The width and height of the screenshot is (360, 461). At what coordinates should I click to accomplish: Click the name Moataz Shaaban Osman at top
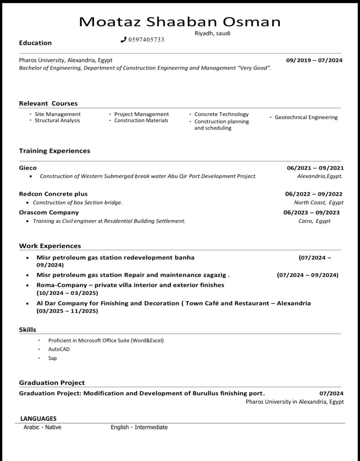pyautogui.click(x=180, y=22)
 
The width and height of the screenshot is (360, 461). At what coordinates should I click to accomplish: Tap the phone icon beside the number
pyautogui.click(x=123, y=40)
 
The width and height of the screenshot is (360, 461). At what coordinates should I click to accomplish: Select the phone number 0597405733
pyautogui.click(x=146, y=40)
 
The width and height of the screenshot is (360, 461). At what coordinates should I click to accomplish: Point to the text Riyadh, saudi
pyautogui.click(x=212, y=33)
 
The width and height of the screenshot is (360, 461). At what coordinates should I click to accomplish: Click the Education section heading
pyautogui.click(x=35, y=43)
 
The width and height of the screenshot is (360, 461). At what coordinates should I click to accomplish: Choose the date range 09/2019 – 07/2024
pyautogui.click(x=314, y=60)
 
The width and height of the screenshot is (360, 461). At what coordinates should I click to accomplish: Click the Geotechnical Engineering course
pyautogui.click(x=306, y=117)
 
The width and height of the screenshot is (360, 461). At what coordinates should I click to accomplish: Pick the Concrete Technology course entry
pyautogui.click(x=221, y=114)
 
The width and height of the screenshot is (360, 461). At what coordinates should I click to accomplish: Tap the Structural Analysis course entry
pyautogui.click(x=57, y=120)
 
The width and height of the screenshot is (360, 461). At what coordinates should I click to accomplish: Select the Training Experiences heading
pyautogui.click(x=54, y=151)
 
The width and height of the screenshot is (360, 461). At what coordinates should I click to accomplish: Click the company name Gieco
pyautogui.click(x=28, y=168)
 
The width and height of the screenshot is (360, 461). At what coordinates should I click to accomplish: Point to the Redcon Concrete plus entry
pyautogui.click(x=53, y=194)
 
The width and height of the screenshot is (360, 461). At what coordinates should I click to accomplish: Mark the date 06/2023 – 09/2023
pyautogui.click(x=311, y=212)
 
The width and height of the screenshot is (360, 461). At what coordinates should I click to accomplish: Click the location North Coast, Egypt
pyautogui.click(x=319, y=203)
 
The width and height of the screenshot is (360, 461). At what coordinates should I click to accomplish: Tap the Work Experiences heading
pyautogui.click(x=50, y=246)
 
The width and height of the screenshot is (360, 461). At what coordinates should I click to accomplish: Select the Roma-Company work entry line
pyautogui.click(x=130, y=285)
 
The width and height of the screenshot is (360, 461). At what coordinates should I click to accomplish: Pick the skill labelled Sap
pyautogui.click(x=52, y=358)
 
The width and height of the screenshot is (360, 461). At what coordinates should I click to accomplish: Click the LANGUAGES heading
pyautogui.click(x=38, y=418)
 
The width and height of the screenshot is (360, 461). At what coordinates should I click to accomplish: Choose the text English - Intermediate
pyautogui.click(x=139, y=427)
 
